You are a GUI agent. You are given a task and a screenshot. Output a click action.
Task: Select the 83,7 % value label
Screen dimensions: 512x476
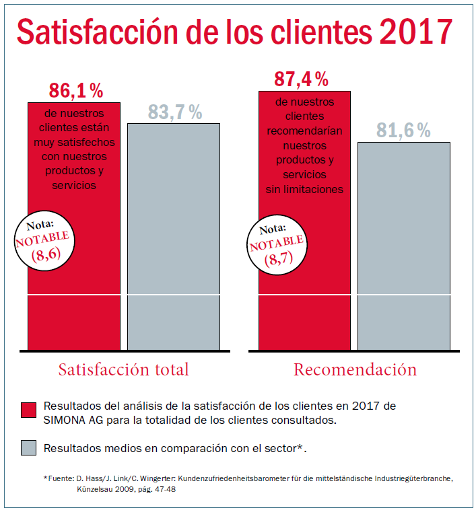174,113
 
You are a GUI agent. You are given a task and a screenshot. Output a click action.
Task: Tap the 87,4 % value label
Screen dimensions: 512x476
301,79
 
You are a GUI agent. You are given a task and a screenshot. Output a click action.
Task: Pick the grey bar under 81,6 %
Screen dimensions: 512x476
403,249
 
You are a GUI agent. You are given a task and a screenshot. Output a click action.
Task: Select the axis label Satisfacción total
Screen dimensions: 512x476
123,369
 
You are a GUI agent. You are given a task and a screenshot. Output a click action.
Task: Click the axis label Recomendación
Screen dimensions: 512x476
355,369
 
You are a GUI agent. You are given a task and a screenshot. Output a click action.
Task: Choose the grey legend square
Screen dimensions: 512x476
28,447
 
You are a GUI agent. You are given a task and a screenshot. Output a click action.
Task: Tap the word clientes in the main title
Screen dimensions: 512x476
316,32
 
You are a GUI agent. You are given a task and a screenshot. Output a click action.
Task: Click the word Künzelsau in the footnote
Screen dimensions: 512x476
100,490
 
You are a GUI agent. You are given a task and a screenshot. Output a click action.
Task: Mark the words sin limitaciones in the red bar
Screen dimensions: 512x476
304,190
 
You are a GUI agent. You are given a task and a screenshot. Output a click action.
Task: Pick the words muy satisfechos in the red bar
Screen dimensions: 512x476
74,143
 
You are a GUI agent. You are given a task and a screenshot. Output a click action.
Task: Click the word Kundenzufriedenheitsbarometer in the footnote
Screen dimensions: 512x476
229,478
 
